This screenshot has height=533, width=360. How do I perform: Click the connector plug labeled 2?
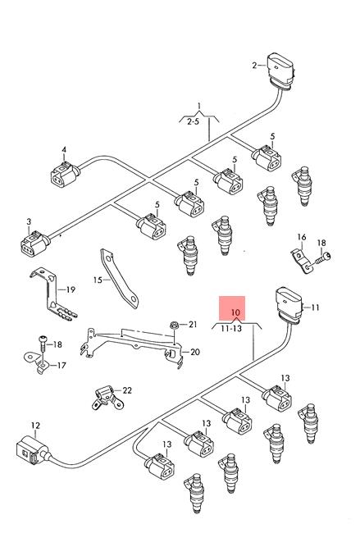(281, 71)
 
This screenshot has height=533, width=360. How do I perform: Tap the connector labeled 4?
(65, 174)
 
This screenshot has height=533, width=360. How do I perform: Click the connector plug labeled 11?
(289, 304)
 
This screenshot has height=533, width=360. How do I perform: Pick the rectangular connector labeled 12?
(33, 451)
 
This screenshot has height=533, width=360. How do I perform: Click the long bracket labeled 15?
(120, 278)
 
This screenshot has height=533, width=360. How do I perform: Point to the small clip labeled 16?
(301, 261)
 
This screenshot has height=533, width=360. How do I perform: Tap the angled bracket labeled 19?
(52, 294)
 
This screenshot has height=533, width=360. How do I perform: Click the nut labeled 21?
(174, 325)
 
